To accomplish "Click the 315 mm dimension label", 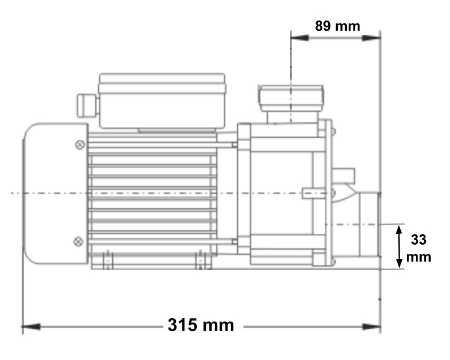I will pos(200,326).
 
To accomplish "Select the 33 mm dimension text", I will pos(419,248).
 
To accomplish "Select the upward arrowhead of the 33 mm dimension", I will pos(400,229).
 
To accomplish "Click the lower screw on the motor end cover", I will pos(77,241).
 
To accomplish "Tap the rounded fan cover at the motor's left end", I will pos(54,193).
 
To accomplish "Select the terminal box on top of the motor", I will pos(162,100).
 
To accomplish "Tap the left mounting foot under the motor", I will pos(107,260).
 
